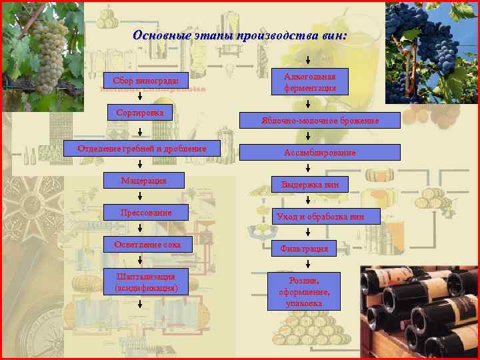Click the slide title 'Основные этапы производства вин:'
tap(239, 35)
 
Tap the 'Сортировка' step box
tap(140, 113)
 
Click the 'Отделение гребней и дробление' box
tap(141, 148)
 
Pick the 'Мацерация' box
tap(143, 181)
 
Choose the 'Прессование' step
tap(146, 213)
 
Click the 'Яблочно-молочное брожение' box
tap(320, 121)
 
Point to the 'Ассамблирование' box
tap(320, 153)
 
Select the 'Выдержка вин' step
tap(310, 184)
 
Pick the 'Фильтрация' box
tap(305, 249)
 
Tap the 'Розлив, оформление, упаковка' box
tap(305, 291)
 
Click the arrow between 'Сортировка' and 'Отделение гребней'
tap(140, 131)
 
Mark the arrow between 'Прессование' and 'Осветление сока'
tap(140, 228)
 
